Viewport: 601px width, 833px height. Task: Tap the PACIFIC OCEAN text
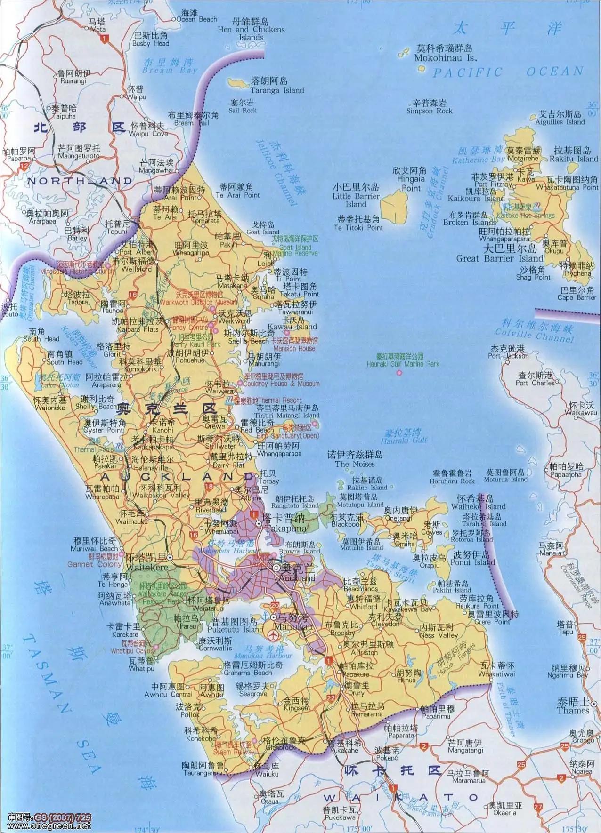click(508, 72)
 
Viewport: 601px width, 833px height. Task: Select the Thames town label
click(572, 711)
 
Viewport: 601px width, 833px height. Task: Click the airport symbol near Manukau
click(272, 636)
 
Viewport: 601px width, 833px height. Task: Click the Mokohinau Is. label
click(445, 58)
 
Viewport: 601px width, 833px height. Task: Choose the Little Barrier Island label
click(356, 200)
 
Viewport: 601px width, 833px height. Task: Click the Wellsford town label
click(136, 269)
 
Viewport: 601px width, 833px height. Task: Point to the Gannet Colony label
click(94, 564)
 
